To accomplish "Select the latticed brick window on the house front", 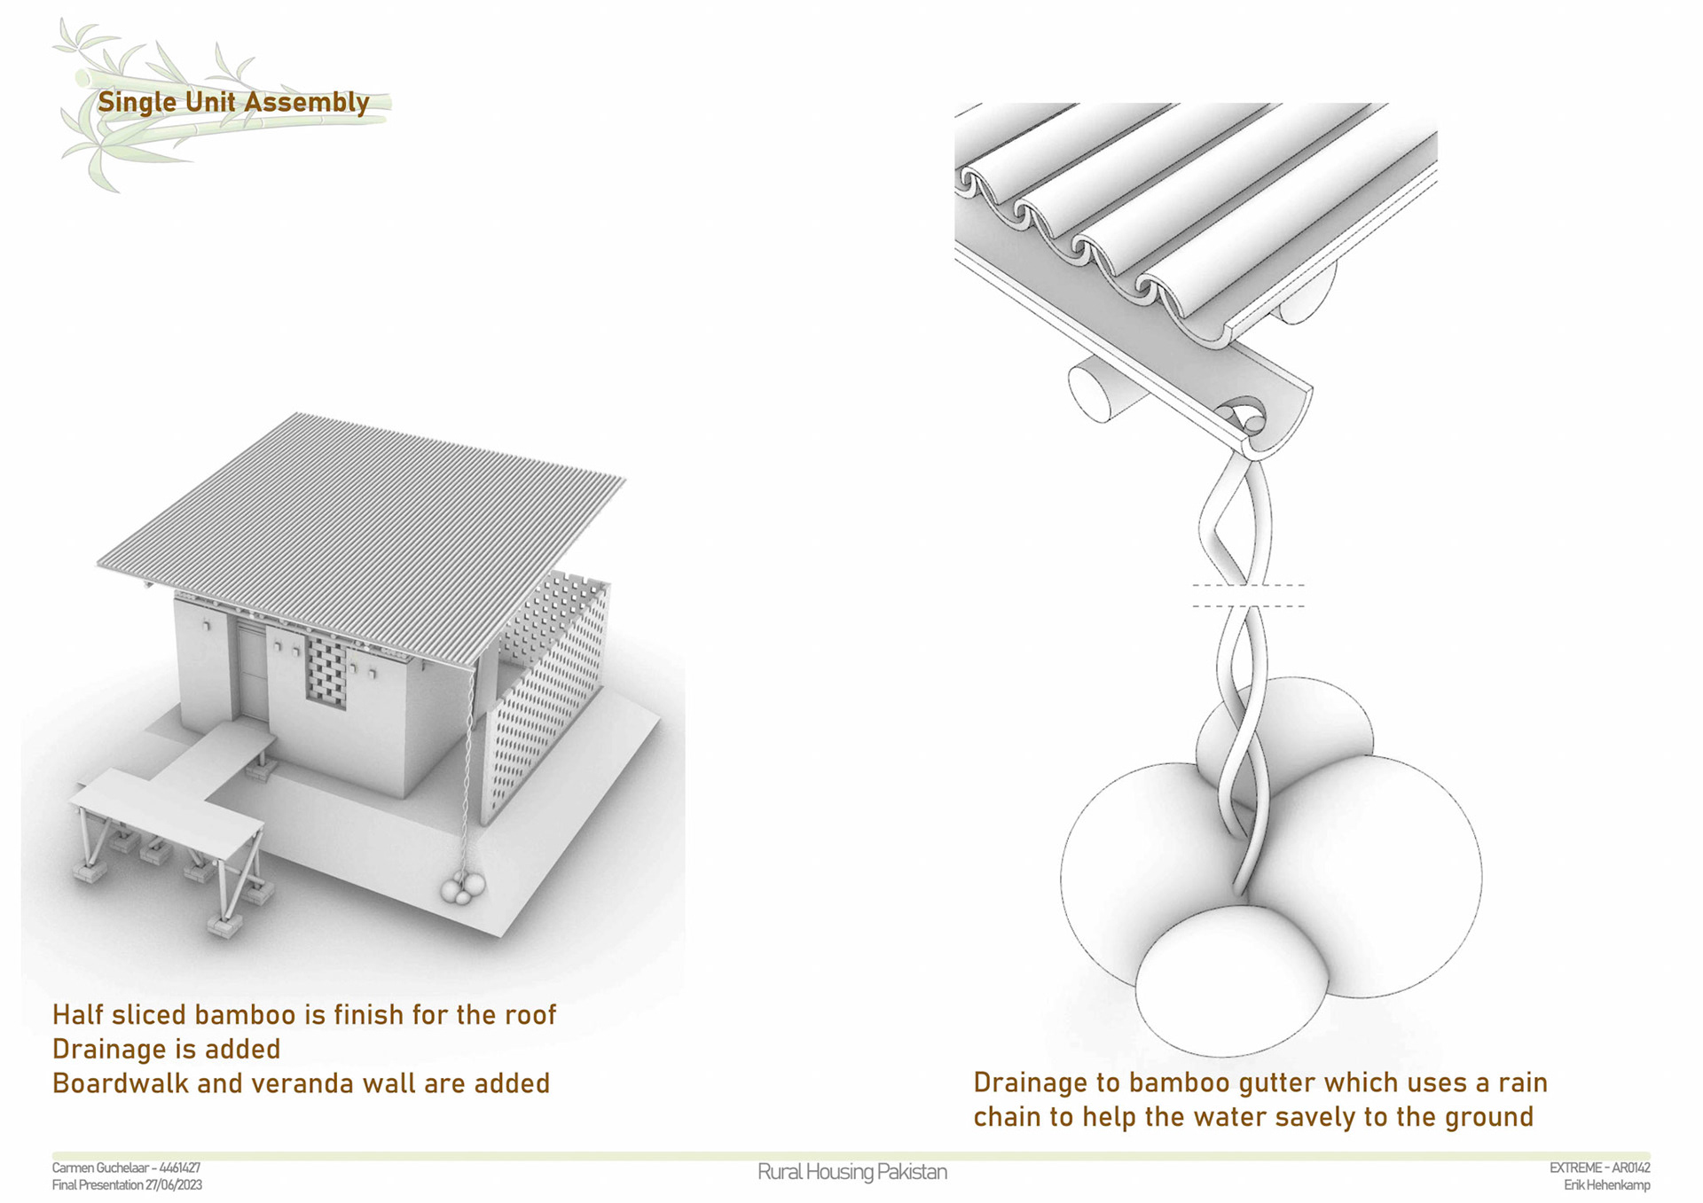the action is (326, 672).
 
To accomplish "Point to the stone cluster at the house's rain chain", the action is (463, 887).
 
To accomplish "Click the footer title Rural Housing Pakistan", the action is (852, 1172).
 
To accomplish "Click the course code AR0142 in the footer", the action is (1630, 1168).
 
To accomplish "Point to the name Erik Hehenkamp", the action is (1607, 1184).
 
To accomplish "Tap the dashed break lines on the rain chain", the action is (1248, 596).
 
